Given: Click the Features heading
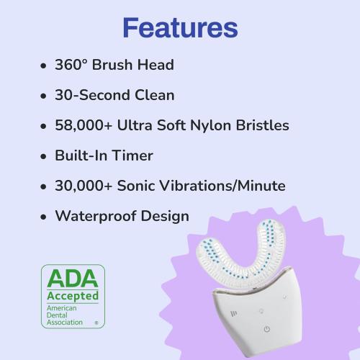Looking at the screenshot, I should pyautogui.click(x=179, y=27).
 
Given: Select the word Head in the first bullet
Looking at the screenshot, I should pyautogui.click(x=156, y=65).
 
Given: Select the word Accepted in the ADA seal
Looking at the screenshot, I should pyautogui.click(x=72, y=296).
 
